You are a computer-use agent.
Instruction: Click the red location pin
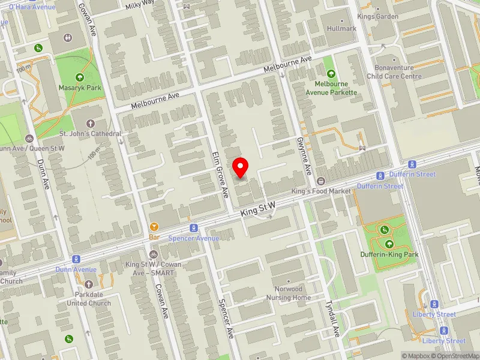coord(241,167)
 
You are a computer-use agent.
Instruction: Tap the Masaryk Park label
coord(85,88)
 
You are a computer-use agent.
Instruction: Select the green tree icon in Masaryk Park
coord(79,77)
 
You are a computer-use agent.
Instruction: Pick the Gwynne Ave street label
coord(303,155)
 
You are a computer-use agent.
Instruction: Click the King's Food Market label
coord(320,191)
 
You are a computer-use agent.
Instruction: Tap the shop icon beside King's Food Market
coord(321,181)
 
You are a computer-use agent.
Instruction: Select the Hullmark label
coord(342,28)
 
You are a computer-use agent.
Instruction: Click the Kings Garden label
coord(378,16)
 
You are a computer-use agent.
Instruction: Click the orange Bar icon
coord(154,227)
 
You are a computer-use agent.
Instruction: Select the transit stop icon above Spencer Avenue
coord(193,228)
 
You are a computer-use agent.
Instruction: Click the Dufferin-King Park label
coord(389,254)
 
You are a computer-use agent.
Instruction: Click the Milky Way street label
coord(140,5)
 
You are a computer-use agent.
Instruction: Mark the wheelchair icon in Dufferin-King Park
coord(385,230)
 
